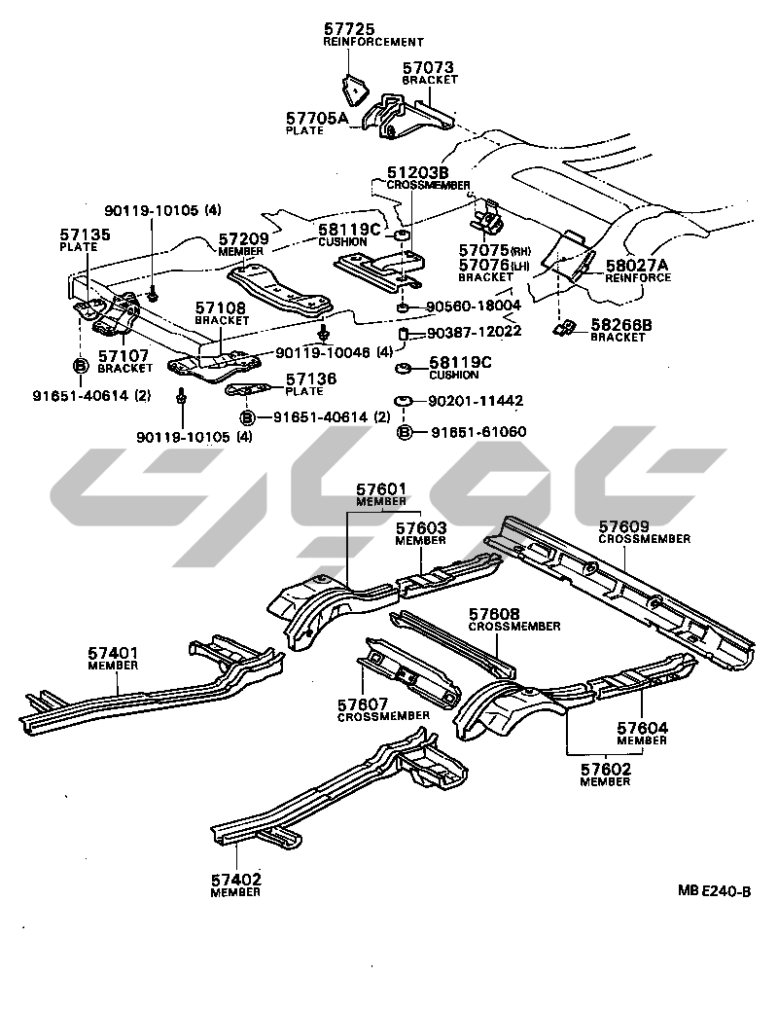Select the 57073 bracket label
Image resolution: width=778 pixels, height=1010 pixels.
pos(430,68)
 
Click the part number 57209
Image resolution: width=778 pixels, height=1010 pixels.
pos(243,237)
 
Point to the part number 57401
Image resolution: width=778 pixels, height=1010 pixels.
pos(113,653)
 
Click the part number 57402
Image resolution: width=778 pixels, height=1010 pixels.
pos(235,880)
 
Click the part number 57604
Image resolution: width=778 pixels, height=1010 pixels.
pos(642,728)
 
